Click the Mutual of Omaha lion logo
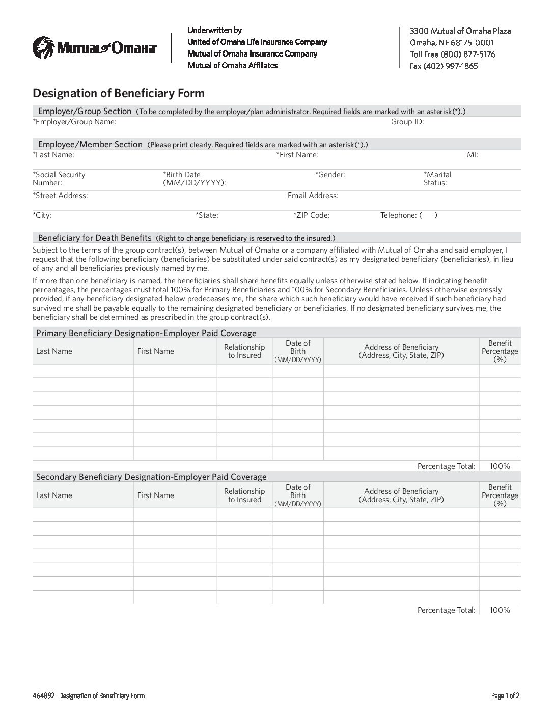click(x=43, y=48)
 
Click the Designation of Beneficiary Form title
click(x=118, y=93)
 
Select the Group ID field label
click(x=407, y=122)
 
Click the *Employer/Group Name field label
click(x=74, y=122)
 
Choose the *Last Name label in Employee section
click(x=53, y=155)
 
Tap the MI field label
click(x=473, y=155)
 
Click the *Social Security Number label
click(x=59, y=179)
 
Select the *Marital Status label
click(x=437, y=179)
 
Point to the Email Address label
click(x=313, y=196)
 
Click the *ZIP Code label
click(x=312, y=215)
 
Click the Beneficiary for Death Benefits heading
click(x=95, y=238)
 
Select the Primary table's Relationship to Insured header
click(x=244, y=351)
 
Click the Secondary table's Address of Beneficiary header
click(x=401, y=495)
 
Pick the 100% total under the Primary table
click(x=500, y=466)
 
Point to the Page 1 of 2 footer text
click(x=505, y=696)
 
